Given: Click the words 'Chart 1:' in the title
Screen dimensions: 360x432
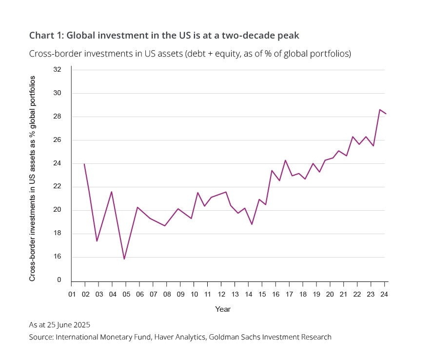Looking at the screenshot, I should [x=46, y=35].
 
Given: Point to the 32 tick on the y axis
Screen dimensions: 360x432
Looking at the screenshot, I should [x=57, y=70].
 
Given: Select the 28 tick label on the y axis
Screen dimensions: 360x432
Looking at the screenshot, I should [x=57, y=117].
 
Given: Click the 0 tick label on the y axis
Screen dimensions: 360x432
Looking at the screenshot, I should [x=59, y=280].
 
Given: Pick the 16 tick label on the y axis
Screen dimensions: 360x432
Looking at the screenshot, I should [x=57, y=257].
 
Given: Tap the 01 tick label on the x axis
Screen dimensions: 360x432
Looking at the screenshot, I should [x=71, y=294].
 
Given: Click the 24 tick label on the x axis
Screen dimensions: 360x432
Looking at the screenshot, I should [x=384, y=294].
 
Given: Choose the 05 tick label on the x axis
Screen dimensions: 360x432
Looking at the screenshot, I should [x=125, y=294].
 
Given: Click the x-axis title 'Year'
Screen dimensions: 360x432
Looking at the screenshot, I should [x=223, y=309].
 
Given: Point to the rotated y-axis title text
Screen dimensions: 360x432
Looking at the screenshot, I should [x=33, y=178].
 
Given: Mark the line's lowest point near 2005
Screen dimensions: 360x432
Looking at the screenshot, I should [x=124, y=259].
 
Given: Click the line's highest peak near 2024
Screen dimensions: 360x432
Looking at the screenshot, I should [x=379, y=109].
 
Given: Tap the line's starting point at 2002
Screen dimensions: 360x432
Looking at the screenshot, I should [x=84, y=164].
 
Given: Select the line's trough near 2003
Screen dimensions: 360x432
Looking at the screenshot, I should [x=97, y=241].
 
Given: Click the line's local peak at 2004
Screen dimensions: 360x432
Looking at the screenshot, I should [x=112, y=192].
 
